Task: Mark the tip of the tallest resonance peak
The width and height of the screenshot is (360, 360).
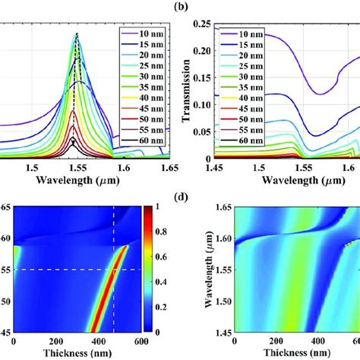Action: [x=77, y=33]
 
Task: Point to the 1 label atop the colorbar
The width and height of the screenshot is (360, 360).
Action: [x=173, y=204]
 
